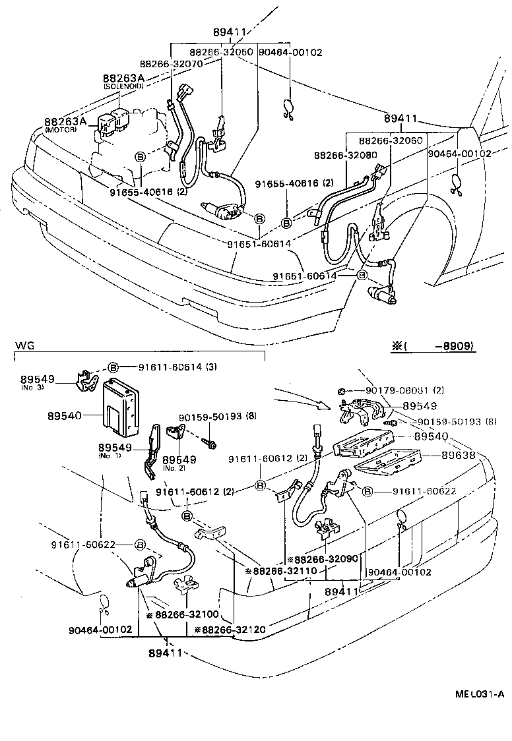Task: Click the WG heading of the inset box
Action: pos(24,345)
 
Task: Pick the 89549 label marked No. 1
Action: pos(117,448)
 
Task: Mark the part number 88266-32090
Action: pos(326,558)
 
